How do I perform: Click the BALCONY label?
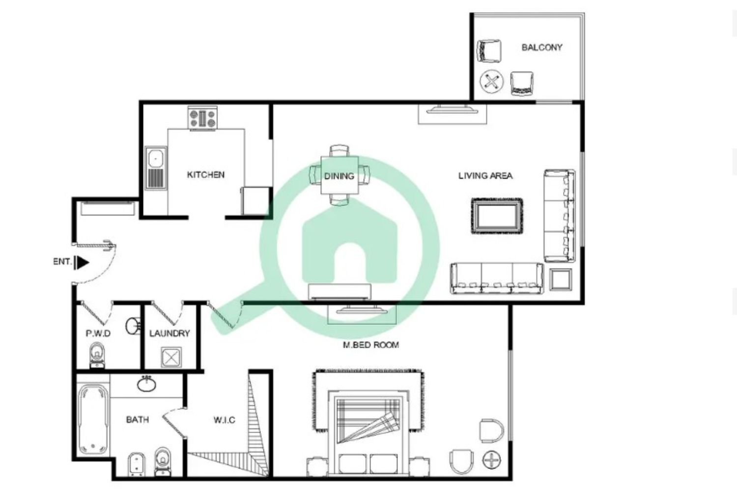541,48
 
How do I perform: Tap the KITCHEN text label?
206,175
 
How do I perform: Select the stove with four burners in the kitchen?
202,118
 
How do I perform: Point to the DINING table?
339,175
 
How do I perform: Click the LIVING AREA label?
485,176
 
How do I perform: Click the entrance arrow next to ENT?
83,263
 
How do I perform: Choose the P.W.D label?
98,333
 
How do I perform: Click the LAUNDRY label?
170,333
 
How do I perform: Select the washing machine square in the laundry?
171,357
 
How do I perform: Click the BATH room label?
137,420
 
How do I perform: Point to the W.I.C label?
224,420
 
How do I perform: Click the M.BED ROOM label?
370,345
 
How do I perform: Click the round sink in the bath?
146,384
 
